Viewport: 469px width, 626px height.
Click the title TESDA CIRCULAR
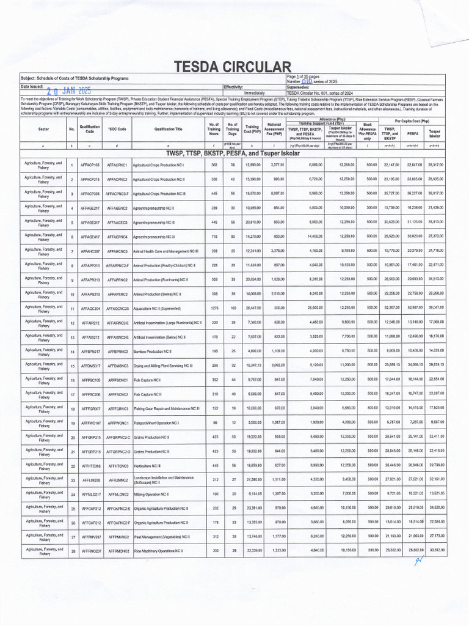(229, 67)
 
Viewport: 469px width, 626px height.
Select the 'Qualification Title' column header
(168, 129)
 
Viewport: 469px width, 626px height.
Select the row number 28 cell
(72, 553)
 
